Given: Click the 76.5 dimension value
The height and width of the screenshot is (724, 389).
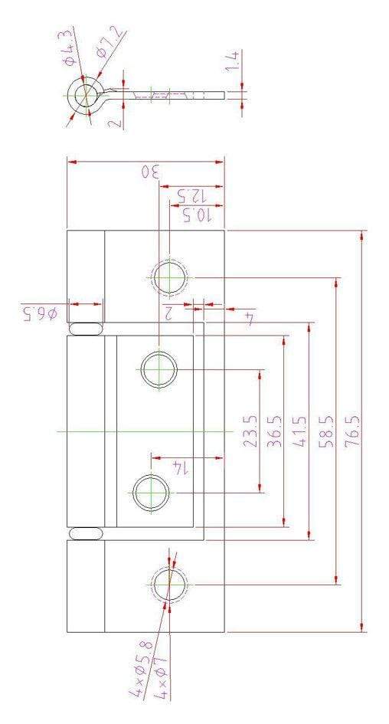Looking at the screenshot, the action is coord(352,431).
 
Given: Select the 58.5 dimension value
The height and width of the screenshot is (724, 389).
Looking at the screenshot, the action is coord(326,431).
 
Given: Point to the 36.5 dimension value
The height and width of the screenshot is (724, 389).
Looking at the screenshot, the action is coord(275,431).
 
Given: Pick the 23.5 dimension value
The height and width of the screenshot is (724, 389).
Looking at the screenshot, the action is coord(250,431).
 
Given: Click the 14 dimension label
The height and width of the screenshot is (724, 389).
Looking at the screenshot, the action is coord(179,467).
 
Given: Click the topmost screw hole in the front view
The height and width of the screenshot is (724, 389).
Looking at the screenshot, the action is coord(170,277).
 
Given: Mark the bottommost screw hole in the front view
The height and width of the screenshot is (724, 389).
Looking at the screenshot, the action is coord(170,585).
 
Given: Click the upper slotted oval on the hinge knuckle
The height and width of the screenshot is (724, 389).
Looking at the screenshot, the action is coord(85,329).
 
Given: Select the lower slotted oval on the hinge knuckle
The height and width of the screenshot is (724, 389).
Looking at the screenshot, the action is coord(85,533).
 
